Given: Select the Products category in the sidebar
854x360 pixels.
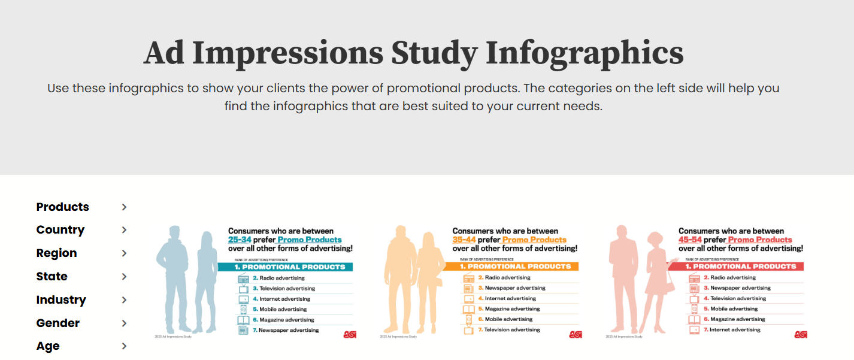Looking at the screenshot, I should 62,207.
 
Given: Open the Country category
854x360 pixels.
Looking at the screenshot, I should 60,230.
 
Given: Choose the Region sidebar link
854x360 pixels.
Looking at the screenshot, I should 56,253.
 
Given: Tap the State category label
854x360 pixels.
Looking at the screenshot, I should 52,277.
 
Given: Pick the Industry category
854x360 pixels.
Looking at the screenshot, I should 61,300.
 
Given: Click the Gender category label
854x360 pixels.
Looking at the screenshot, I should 57,323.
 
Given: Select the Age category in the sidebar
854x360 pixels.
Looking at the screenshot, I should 48,346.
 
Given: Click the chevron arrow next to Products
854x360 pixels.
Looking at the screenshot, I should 124,207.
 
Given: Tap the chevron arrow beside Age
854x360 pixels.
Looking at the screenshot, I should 124,346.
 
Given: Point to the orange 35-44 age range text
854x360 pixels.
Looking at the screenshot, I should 465,240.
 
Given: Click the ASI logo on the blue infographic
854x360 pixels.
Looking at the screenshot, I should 350,334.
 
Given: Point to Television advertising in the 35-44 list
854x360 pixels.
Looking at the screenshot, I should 512,330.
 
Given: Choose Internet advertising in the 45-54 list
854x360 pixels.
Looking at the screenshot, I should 735,330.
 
